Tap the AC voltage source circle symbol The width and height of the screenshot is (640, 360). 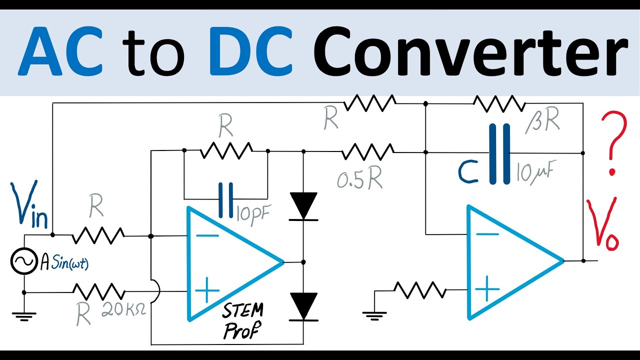[24, 261]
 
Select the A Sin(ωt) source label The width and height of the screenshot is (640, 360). [65, 262]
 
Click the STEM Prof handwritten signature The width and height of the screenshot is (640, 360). [242, 320]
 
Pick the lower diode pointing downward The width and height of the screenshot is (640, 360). [303, 305]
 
